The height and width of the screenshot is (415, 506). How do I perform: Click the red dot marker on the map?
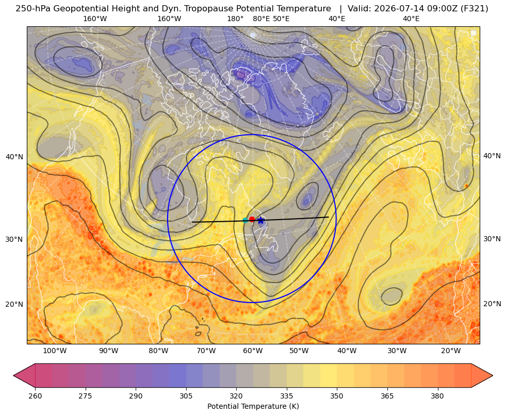[252, 220]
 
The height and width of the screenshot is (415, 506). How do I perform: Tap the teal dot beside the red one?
[245, 220]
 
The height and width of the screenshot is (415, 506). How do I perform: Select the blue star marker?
[261, 221]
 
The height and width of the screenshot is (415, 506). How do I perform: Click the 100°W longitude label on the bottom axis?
[55, 351]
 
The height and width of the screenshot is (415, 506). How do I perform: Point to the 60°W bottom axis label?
[253, 351]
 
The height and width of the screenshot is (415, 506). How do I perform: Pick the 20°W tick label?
[451, 351]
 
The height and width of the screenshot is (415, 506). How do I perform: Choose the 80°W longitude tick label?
[158, 351]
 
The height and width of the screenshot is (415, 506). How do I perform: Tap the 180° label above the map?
[235, 19]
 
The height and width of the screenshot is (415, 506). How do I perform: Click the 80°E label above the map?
[261, 19]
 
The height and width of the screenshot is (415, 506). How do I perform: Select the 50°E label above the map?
[281, 19]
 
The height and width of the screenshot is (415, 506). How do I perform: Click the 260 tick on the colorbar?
[35, 396]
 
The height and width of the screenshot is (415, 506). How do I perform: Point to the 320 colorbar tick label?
[236, 396]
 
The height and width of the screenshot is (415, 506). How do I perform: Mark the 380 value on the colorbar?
[437, 396]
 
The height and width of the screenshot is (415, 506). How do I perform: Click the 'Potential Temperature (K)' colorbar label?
[253, 406]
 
